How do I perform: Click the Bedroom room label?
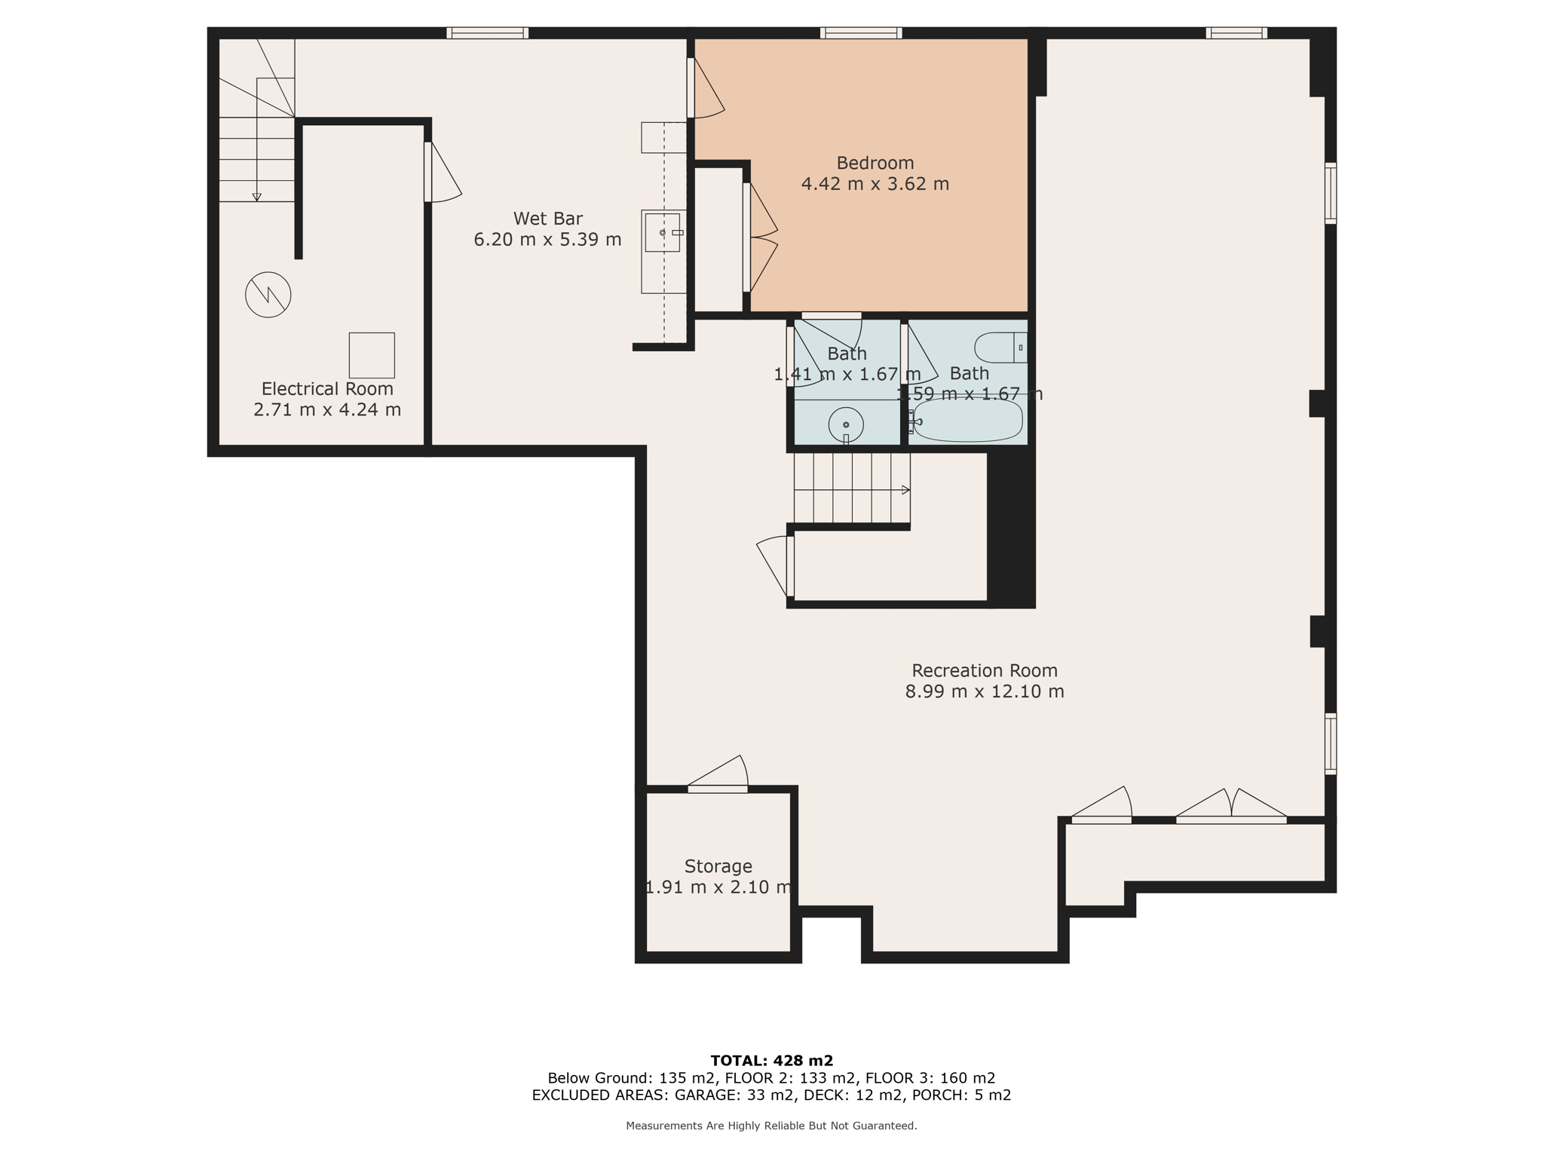[875, 163]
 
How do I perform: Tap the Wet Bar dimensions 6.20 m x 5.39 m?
[547, 240]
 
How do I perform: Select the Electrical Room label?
[327, 389]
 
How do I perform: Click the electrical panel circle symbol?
[268, 295]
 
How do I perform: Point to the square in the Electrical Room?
[372, 355]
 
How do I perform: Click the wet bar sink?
[663, 232]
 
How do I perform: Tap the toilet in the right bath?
[1000, 348]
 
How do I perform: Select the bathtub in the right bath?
[968, 421]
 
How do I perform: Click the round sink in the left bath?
[846, 424]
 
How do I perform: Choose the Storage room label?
[718, 866]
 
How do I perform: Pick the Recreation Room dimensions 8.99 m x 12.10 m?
[985, 691]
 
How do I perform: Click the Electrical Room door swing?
[443, 173]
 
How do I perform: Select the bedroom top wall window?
[861, 33]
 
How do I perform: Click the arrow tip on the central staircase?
[906, 490]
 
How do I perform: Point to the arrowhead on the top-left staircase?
[256, 198]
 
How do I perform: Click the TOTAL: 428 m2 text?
[771, 1061]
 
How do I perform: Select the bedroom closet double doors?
[761, 237]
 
